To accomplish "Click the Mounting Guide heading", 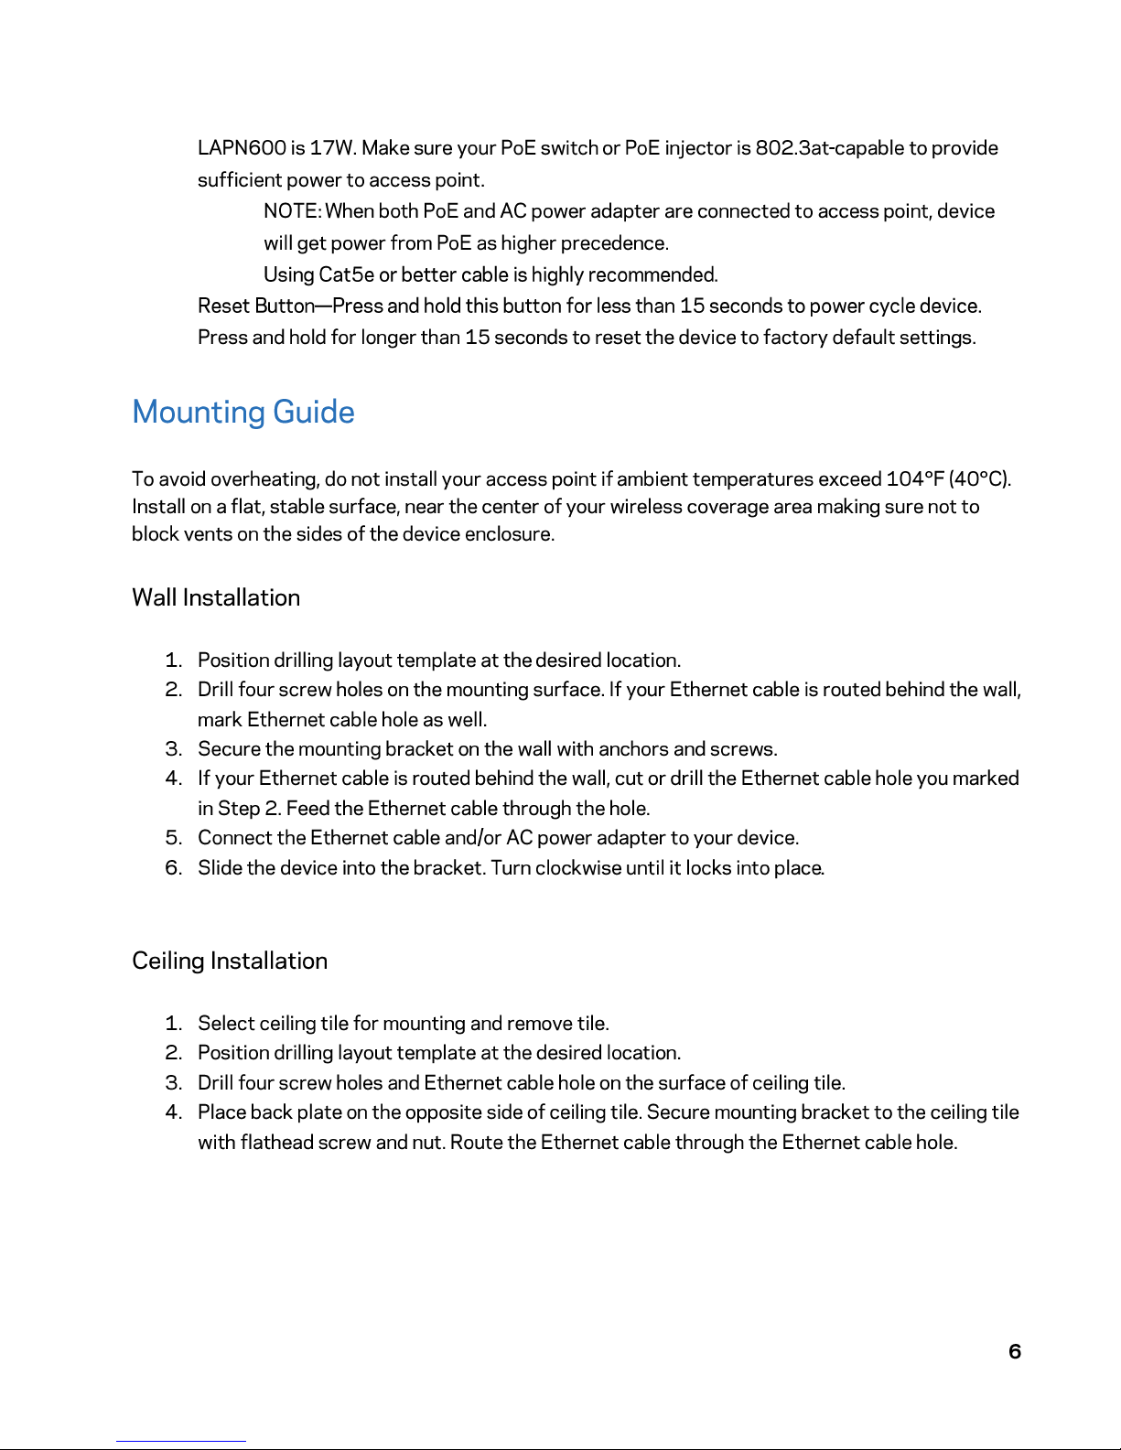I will tap(243, 413).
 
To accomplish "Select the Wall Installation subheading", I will tap(216, 597).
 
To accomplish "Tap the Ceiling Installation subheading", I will tap(230, 961).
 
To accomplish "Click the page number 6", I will tap(1014, 1351).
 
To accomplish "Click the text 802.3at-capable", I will tap(829, 148).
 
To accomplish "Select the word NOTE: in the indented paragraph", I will tap(292, 211).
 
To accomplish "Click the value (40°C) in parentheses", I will tap(979, 479).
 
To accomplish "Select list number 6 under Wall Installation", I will tap(174, 867).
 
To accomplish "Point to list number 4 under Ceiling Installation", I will tap(174, 1112).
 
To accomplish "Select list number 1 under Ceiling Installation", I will tap(174, 1024).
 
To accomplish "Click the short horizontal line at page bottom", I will tap(181, 1441).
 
